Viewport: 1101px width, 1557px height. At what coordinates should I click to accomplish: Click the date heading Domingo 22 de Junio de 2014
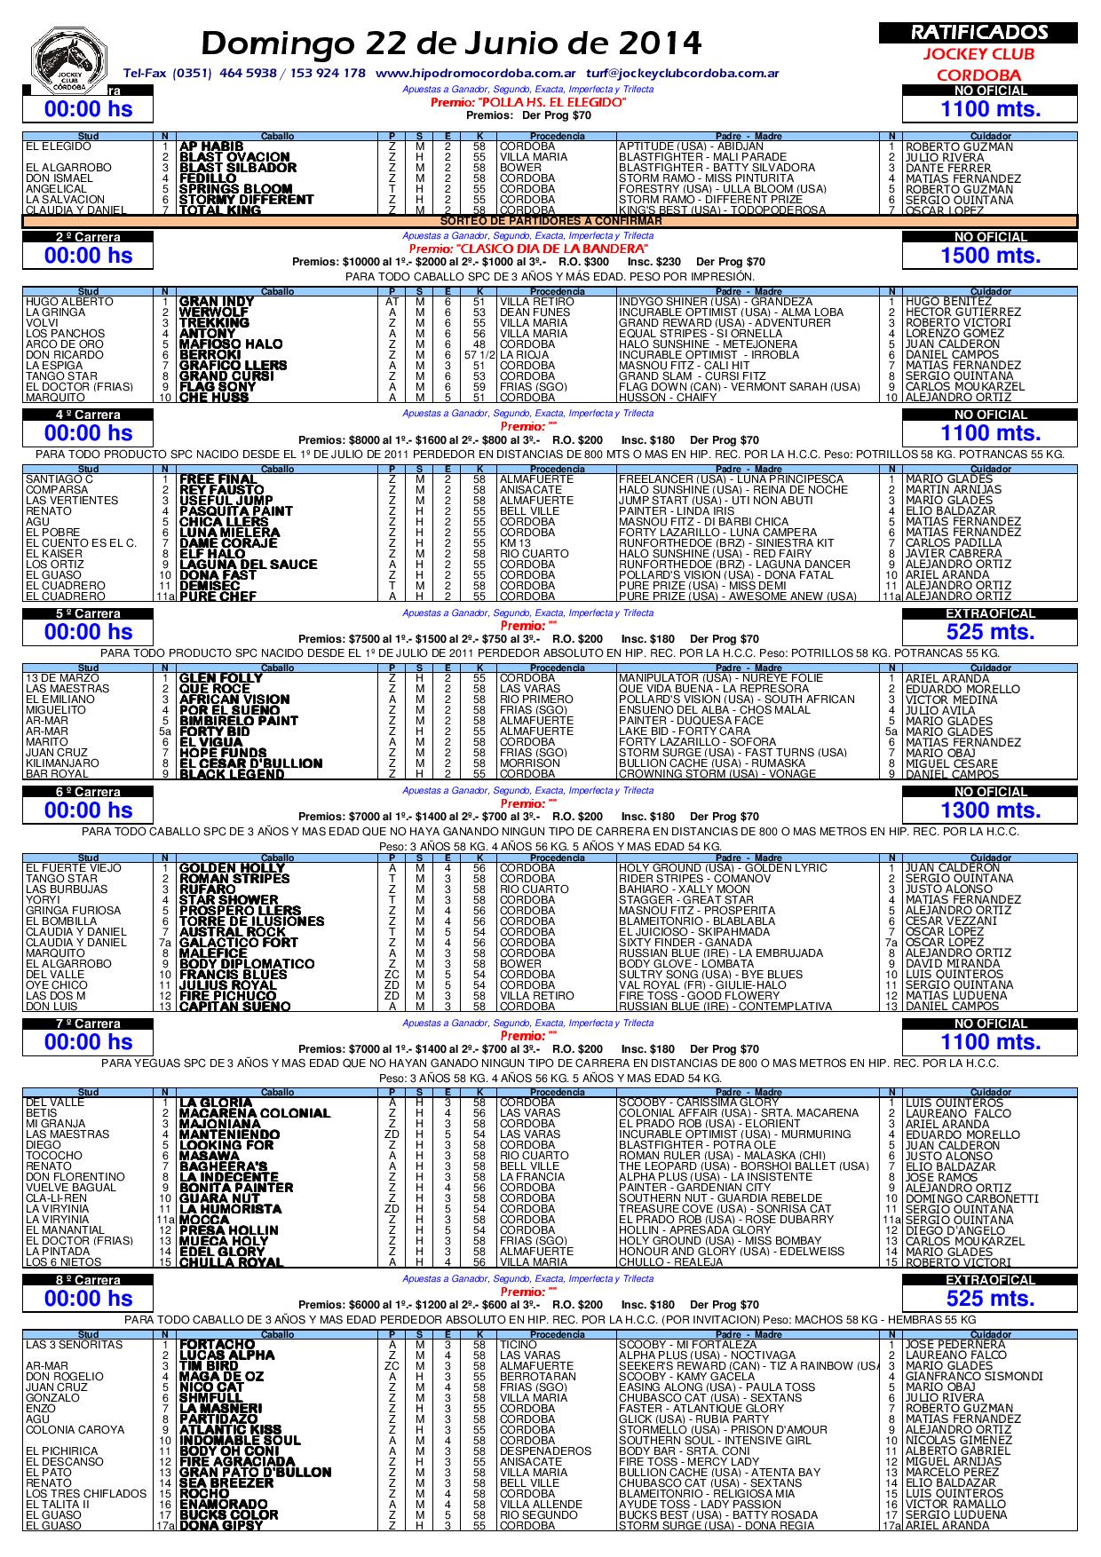pyautogui.click(x=451, y=43)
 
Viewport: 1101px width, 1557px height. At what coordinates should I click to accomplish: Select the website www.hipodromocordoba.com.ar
pyautogui.click(x=476, y=73)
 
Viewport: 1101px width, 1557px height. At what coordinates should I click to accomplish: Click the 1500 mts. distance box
pyautogui.click(x=990, y=256)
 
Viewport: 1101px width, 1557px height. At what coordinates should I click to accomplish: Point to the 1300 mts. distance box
pyautogui.click(x=990, y=810)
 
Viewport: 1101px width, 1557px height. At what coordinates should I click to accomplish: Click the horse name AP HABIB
pyautogui.click(x=210, y=146)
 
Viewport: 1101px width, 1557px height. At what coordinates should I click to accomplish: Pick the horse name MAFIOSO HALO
pyautogui.click(x=231, y=344)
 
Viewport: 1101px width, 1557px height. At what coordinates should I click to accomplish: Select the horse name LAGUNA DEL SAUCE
pyautogui.click(x=248, y=565)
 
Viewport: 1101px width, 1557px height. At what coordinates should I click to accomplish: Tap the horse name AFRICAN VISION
pyautogui.click(x=234, y=699)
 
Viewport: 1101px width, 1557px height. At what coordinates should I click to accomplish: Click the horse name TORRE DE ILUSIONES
pyautogui.click(x=251, y=921)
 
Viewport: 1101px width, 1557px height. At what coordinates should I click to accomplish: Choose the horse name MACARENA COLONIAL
pyautogui.click(x=254, y=1113)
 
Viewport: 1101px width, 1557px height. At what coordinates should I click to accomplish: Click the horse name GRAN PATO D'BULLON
pyautogui.click(x=255, y=1473)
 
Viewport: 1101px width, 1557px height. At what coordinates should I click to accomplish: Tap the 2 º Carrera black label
pyautogui.click(x=88, y=237)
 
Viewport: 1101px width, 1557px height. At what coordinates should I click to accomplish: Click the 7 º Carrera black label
pyautogui.click(x=88, y=1024)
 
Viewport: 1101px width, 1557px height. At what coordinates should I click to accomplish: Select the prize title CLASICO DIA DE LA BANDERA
pyautogui.click(x=527, y=249)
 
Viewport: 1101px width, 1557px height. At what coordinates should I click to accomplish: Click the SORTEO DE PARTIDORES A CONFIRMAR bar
pyautogui.click(x=551, y=221)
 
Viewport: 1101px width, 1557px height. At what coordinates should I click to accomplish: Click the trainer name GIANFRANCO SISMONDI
pyautogui.click(x=973, y=1377)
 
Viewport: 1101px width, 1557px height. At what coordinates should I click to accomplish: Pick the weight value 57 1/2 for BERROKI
pyautogui.click(x=479, y=355)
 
